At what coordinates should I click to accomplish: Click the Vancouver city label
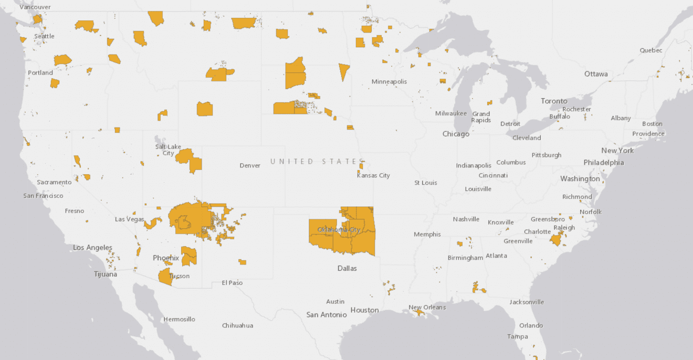35,7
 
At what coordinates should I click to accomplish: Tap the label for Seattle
44,36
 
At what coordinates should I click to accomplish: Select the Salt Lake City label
168,150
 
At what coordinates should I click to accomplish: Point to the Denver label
250,165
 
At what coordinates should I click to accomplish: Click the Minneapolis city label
389,82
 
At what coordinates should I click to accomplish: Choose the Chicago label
456,134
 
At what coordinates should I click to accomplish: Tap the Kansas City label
373,175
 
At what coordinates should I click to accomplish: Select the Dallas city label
347,268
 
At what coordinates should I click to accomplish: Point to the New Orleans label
427,307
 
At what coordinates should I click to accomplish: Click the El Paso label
232,283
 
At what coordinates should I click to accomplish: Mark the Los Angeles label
92,248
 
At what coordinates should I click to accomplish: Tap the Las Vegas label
129,219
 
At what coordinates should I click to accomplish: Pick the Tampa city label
517,336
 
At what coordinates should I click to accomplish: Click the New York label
617,151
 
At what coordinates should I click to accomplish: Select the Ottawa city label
596,74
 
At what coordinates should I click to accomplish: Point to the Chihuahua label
237,325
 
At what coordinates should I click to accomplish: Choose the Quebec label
651,50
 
